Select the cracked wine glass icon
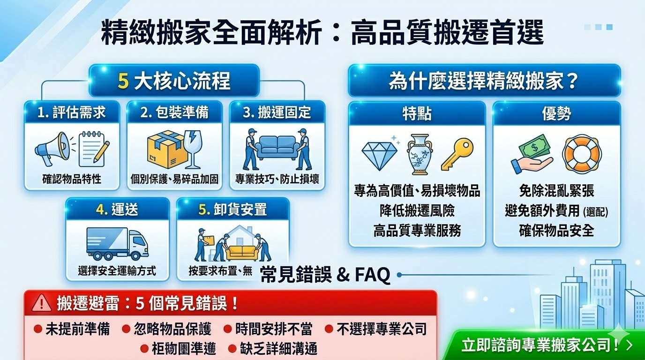click(193, 150)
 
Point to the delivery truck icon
click(117, 244)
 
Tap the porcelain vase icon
click(420, 154)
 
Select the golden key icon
click(457, 153)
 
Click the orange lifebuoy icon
click(582, 153)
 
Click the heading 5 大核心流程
click(174, 81)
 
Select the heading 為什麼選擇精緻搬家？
click(483, 81)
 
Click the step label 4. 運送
click(117, 210)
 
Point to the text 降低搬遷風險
click(417, 210)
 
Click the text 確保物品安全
click(556, 230)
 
